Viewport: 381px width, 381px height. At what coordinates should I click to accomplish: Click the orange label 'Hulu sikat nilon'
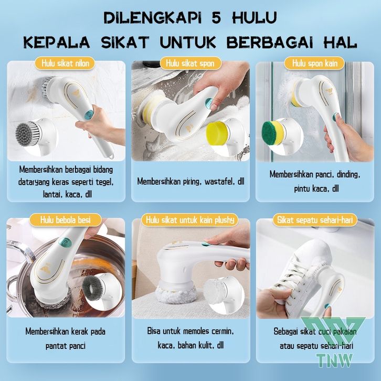click(65, 63)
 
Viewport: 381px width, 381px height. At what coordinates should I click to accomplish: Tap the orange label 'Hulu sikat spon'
click(190, 63)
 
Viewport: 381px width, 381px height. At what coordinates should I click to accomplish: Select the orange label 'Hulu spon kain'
click(315, 63)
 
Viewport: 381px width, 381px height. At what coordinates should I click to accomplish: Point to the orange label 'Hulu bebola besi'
click(66, 220)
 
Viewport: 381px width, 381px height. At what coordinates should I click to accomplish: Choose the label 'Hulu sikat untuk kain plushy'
click(190, 220)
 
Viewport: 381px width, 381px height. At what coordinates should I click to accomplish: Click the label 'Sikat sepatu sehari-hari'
click(315, 220)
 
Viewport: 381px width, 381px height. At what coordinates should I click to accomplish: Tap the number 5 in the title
click(216, 17)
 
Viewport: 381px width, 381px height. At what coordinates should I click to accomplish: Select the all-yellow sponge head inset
click(217, 133)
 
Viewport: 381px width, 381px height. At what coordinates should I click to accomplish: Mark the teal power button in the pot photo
click(65, 242)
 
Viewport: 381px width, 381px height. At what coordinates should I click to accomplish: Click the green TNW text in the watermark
click(334, 360)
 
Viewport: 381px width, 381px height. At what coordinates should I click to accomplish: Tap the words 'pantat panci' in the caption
click(66, 346)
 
